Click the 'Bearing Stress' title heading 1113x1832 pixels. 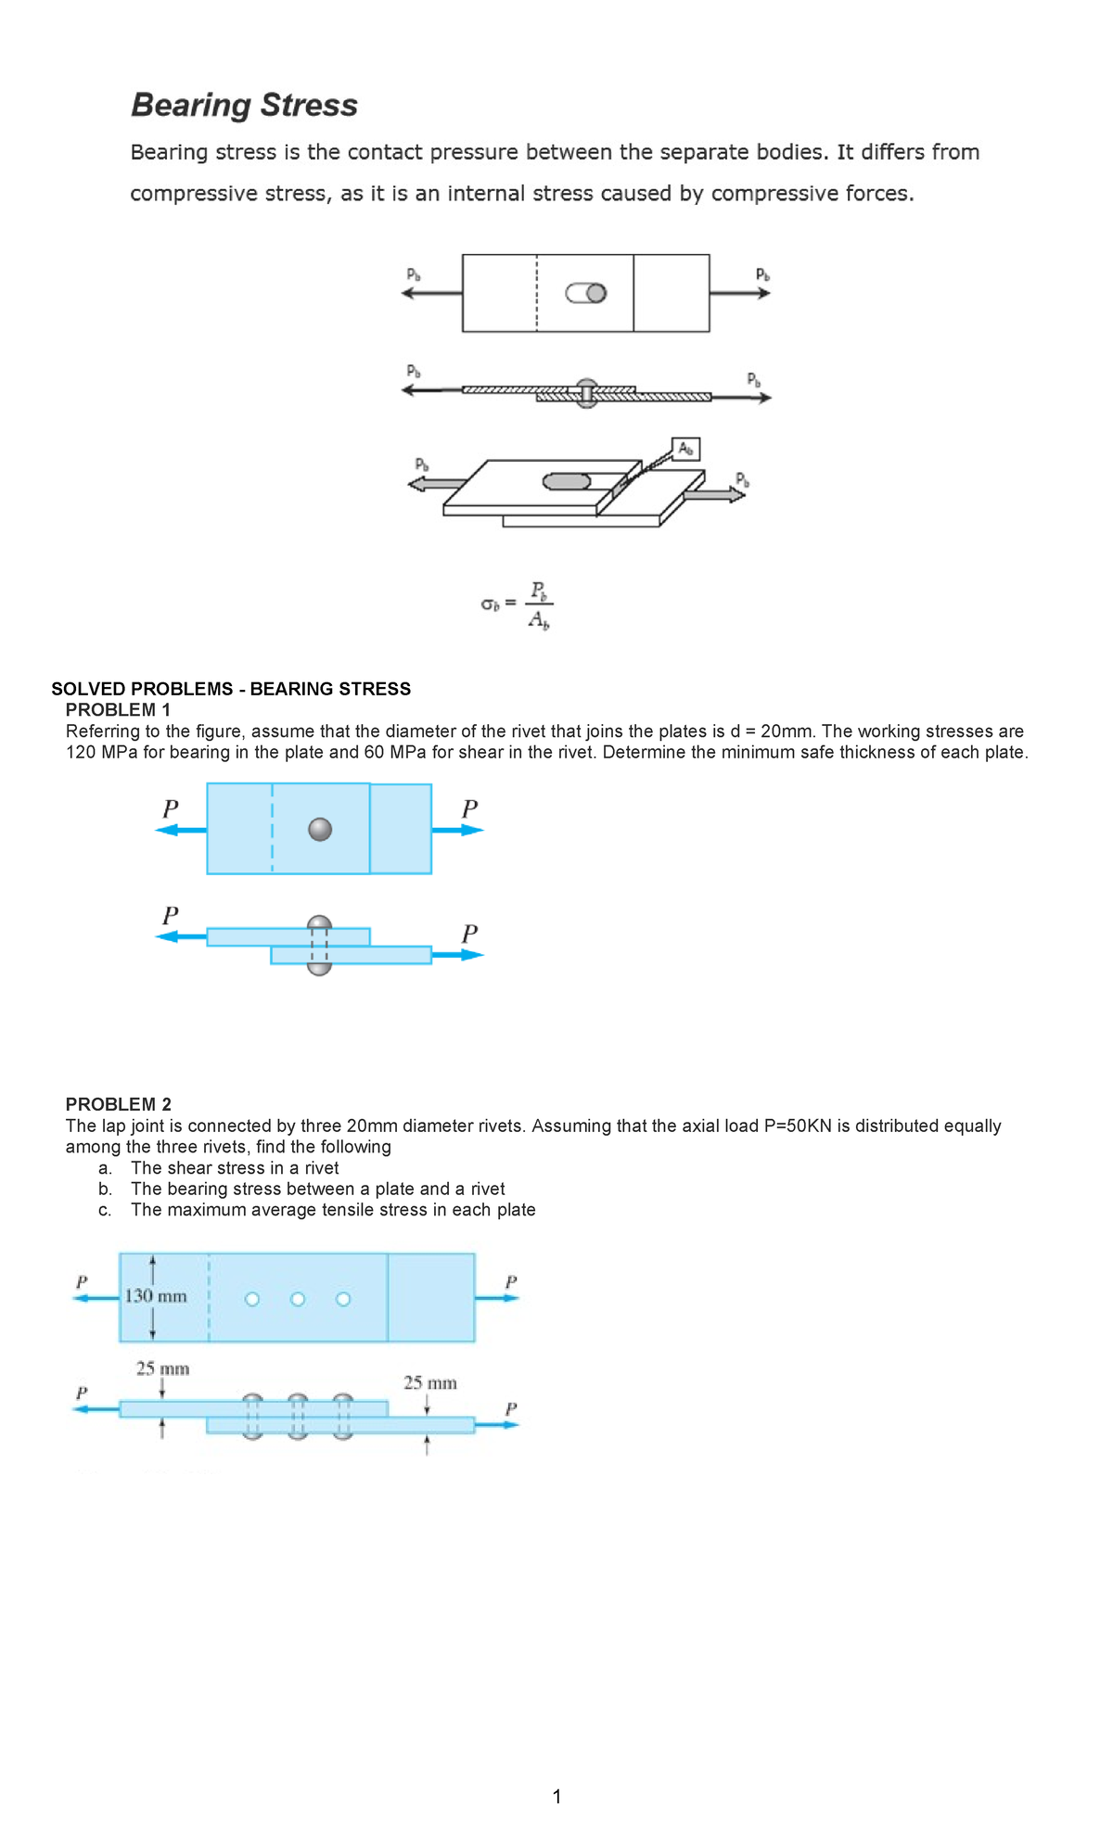(244, 105)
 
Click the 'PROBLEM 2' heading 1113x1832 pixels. (118, 1104)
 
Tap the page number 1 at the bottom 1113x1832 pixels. (556, 1797)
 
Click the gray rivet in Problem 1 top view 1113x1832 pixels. (320, 829)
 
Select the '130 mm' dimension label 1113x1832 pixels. (156, 1296)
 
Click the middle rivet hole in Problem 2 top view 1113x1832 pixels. (298, 1299)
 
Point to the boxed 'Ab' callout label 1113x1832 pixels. (685, 449)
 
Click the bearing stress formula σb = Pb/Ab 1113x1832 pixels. (518, 604)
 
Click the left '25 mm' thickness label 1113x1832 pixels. (162, 1368)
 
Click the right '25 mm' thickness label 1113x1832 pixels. (429, 1383)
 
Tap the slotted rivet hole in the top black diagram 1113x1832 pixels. (586, 293)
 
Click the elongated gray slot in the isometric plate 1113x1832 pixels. (566, 481)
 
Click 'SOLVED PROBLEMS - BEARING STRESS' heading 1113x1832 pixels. (231, 689)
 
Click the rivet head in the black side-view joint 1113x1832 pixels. (586, 386)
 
